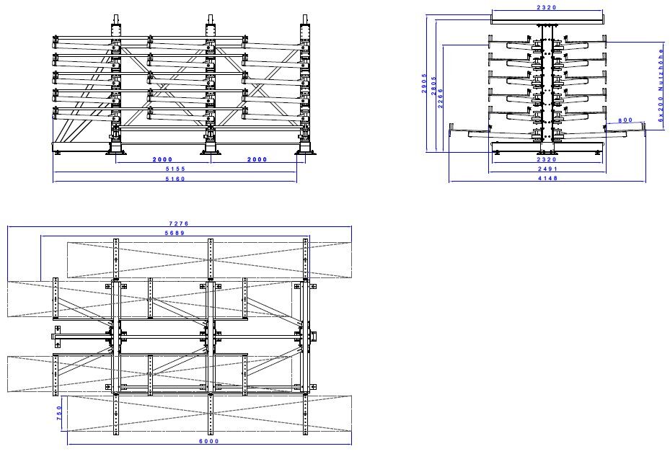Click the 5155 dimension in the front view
175,169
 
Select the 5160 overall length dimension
175,179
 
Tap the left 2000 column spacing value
163,159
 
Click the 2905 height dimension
426,83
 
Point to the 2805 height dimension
433,87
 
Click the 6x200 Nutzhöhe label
661,85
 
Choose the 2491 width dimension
546,169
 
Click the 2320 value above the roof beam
546,7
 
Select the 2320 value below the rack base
546,159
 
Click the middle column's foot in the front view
211,148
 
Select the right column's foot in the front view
306,148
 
